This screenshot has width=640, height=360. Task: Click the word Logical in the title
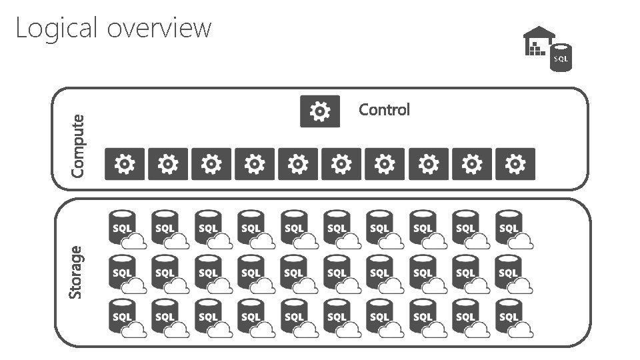pos(56,28)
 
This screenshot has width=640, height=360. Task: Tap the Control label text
pos(384,109)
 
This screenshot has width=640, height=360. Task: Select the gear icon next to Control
pos(320,111)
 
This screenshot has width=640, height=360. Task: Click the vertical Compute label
pos(78,145)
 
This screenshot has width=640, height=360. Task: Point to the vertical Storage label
pos(77,272)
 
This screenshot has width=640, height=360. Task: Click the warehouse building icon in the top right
pos(538,41)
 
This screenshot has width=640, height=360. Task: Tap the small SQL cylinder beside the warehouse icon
pos(561,57)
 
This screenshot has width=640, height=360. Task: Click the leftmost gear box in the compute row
pos(125,164)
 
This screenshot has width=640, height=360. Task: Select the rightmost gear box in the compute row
pos(515,164)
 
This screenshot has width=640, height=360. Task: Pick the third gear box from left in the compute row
pos(211,164)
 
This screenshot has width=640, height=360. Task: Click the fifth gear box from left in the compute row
pos(298,164)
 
